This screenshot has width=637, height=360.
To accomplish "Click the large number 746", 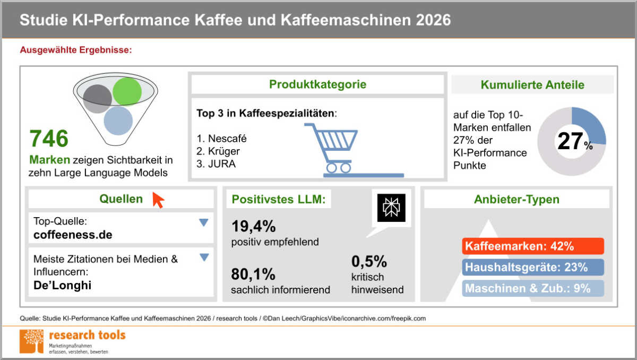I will [49, 139].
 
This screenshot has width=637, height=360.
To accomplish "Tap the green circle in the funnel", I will [127, 91].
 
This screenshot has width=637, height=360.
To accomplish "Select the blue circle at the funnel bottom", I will [118, 121].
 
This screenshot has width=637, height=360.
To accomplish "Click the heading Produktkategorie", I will [317, 84].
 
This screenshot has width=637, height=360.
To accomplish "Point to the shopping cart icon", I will [345, 149].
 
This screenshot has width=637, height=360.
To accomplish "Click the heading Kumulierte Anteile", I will [532, 85].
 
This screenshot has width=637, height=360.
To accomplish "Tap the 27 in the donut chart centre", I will [570, 142].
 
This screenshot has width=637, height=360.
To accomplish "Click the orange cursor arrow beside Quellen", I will [158, 200].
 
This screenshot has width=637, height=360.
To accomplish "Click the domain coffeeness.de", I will [73, 235].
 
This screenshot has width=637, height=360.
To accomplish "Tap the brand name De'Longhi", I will [62, 286].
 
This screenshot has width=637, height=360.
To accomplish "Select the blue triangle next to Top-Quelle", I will [203, 223].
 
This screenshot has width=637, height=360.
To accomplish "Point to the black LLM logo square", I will [391, 208].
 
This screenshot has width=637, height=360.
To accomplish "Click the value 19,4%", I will [254, 227].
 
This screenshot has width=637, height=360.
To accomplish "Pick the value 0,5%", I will [369, 262].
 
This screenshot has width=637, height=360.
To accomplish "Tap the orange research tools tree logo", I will [31, 341].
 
